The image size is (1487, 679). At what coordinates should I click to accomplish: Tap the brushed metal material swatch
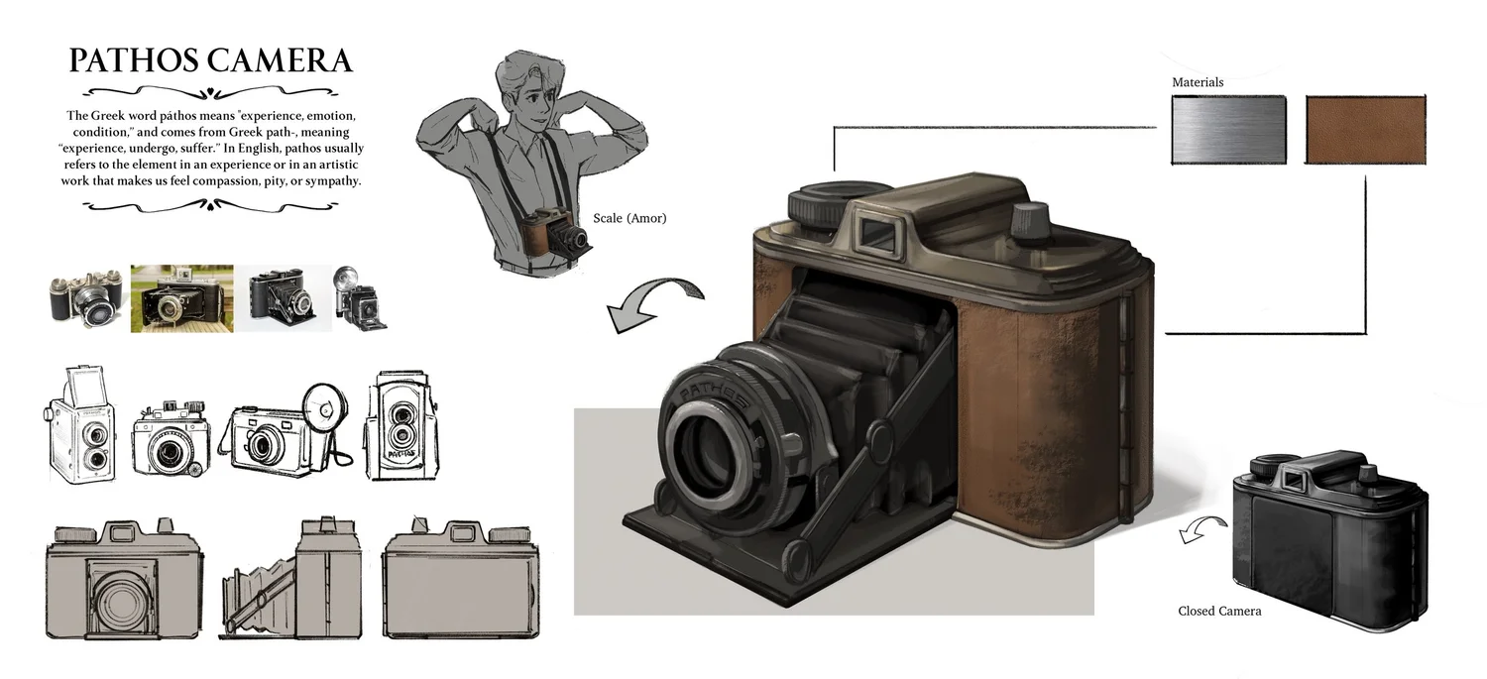pos(1229,130)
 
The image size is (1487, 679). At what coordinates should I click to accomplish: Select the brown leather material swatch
pos(1365,130)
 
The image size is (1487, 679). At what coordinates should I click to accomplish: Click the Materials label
pos(1198,82)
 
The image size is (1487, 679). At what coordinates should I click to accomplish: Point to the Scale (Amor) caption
pos(629,218)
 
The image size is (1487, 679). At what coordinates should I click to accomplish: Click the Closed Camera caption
pos(1219,612)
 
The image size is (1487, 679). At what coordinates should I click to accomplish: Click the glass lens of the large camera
pos(711,451)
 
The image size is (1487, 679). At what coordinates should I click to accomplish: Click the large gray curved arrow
pos(654,297)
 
